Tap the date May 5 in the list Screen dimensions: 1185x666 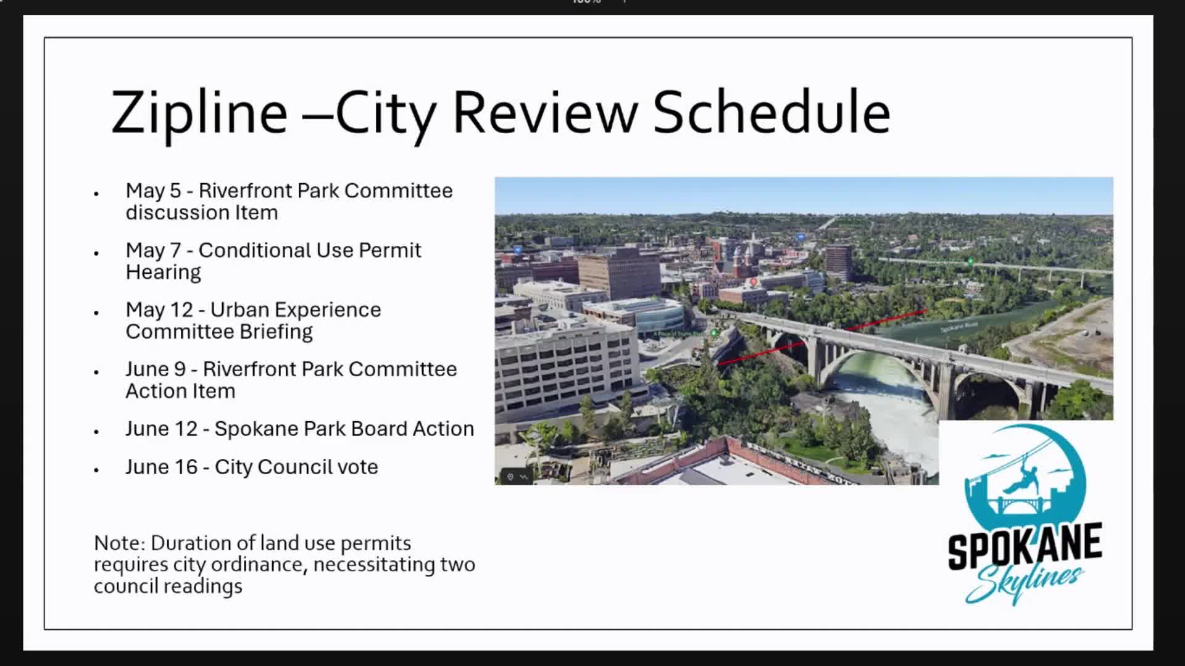[153, 191]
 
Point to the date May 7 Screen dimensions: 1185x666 [153, 251]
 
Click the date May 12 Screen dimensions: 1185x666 [159, 310]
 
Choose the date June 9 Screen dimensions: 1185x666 [156, 369]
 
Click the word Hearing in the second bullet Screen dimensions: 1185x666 [164, 273]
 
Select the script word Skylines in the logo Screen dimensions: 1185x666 [1024, 583]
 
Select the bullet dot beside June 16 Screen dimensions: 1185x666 [96, 471]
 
